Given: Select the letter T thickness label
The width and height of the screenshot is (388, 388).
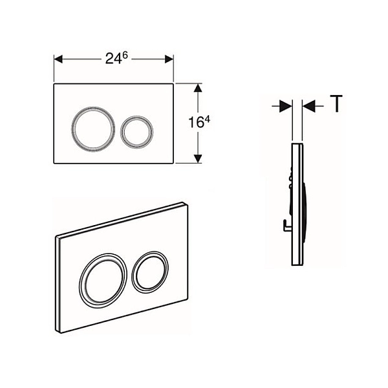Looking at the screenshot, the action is [x=336, y=104].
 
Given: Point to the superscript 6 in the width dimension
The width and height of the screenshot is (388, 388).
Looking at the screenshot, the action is [x=125, y=56].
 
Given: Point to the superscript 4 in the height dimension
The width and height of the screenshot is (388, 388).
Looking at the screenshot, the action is [x=207, y=120].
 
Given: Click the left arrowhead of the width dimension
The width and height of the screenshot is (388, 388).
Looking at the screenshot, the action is [x=58, y=59].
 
